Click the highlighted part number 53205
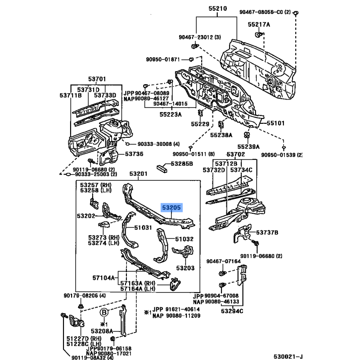171,207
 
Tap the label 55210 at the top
218,9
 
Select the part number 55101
275,123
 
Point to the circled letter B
104,312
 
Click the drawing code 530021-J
288,356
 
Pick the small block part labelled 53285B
162,168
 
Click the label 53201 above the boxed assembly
138,174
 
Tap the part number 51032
184,239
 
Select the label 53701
97,79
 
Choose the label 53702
235,154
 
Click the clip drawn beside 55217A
258,35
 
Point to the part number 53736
134,154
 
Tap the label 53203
185,268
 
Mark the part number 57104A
103,278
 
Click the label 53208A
102,331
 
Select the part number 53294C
232,311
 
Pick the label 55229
200,124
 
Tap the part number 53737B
267,233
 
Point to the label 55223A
171,114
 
